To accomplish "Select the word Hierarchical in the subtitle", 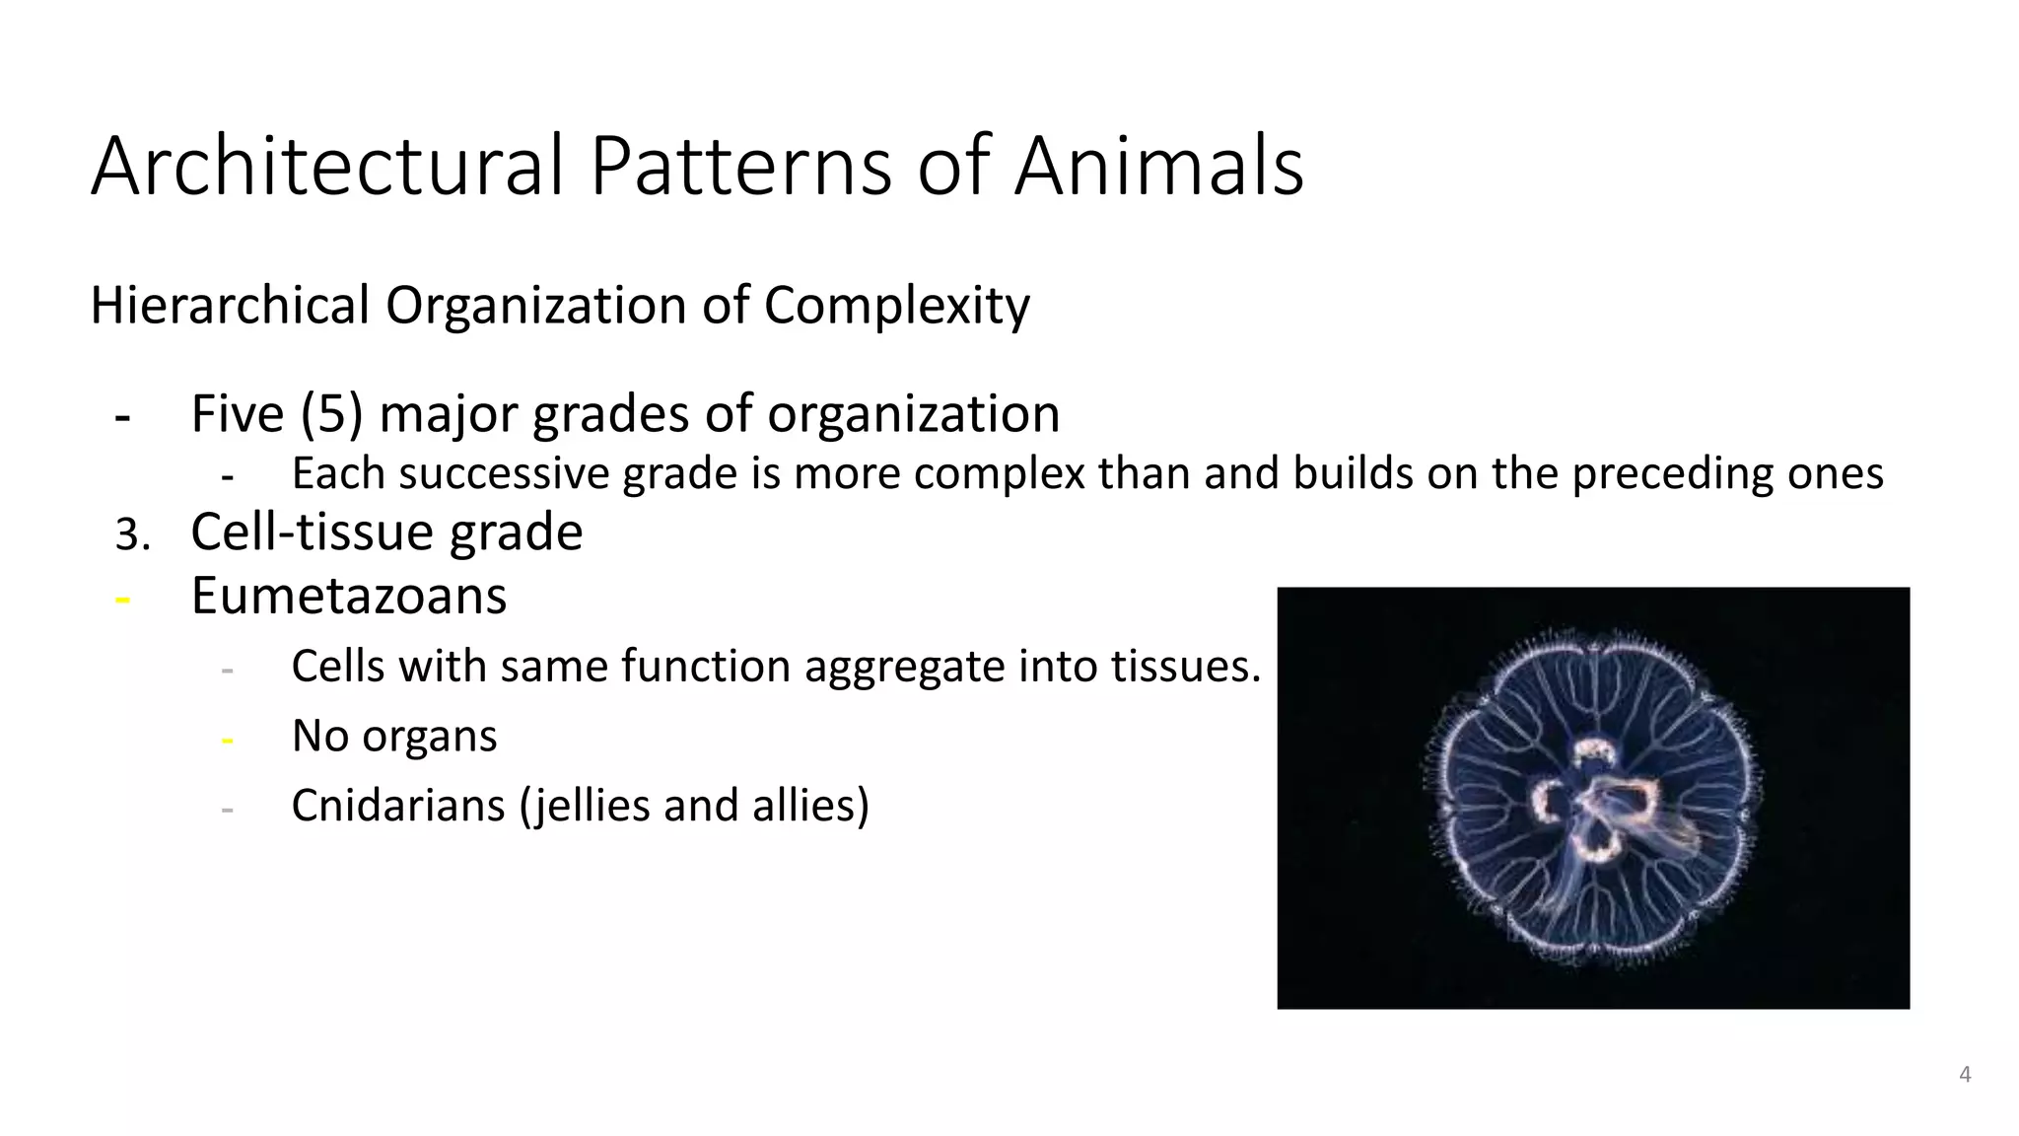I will pos(229,306).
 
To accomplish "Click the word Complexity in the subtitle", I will pos(896,306).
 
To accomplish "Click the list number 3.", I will pos(131,535).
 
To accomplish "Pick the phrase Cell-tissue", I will pos(313,532).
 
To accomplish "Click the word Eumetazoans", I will pos(348,596).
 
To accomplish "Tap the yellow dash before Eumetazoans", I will pos(123,599).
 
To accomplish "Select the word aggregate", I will pos(905,668).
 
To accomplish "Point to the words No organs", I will pos(394,736).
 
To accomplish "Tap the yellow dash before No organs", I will pos(228,739).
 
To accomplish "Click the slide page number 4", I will pos(1964,1075).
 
